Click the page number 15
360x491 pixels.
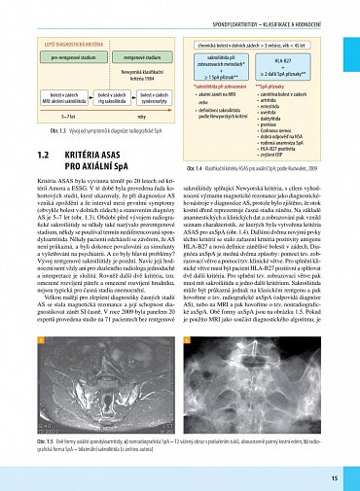click(334, 477)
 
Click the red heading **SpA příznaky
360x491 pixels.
click(269, 86)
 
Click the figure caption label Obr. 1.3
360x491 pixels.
click(44, 130)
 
